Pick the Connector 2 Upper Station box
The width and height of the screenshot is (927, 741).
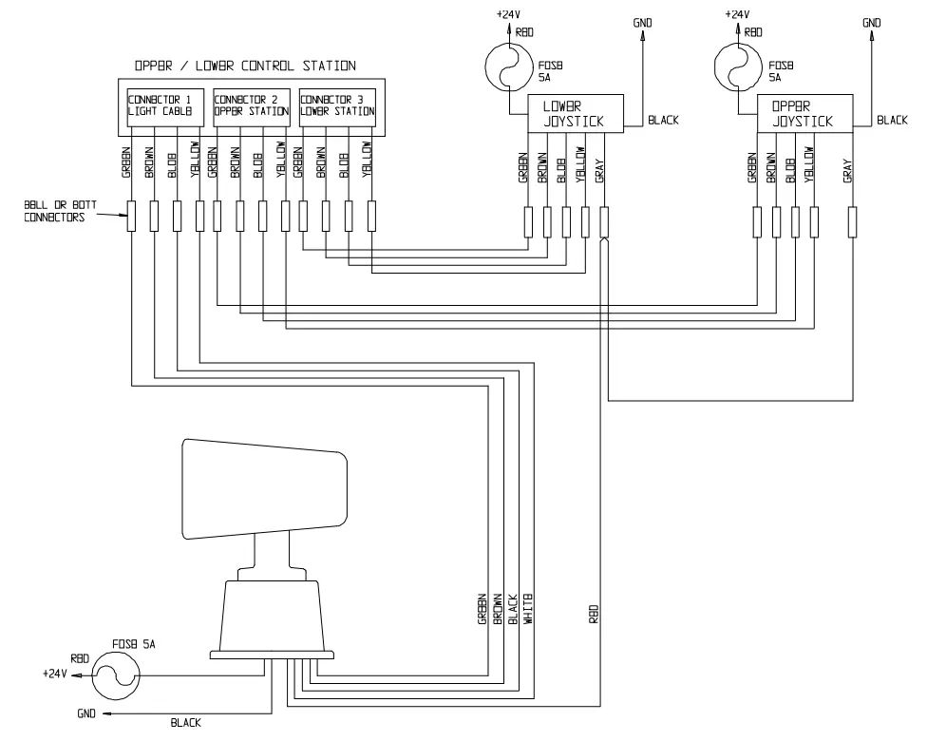pos(251,106)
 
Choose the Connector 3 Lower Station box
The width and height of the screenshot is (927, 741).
pos(336,106)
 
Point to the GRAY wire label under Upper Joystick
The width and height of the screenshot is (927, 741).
pos(848,170)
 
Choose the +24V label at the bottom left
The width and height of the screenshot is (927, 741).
pos(56,674)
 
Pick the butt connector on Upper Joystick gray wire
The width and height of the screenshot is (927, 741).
pos(852,222)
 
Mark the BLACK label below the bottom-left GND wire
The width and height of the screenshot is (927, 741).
pos(186,723)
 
